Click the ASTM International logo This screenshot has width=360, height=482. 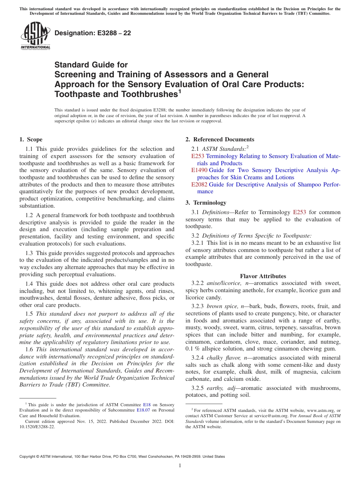(35, 36)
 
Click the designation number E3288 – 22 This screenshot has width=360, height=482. (93, 33)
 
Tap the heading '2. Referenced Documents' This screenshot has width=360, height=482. (220, 139)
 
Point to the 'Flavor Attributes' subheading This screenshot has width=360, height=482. (263, 276)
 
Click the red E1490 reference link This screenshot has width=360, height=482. (199, 171)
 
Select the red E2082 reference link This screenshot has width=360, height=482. (199, 185)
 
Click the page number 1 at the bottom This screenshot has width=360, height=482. (180, 466)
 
